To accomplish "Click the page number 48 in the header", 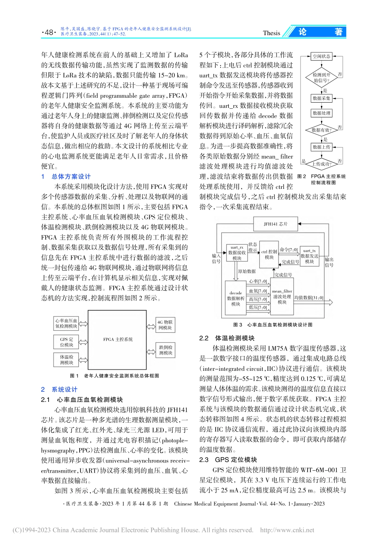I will [x=49, y=32].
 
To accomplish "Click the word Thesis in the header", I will [x=272, y=33].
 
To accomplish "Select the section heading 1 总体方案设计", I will [x=66, y=176].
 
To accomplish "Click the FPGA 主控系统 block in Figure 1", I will [x=118, y=339].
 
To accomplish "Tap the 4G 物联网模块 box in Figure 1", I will [x=165, y=325].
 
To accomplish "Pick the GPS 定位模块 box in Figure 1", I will [x=67, y=342].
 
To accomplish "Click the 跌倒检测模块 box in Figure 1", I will [x=165, y=350].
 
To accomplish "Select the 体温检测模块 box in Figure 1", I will [x=67, y=360].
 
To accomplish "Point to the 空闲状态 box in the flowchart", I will [x=321, y=56].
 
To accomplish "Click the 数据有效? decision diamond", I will [x=321, y=130].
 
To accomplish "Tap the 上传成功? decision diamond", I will [x=321, y=164].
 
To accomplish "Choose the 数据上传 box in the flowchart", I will [x=321, y=147].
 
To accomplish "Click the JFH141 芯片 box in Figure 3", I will [x=276, y=224].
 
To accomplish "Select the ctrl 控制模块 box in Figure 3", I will [x=269, y=255].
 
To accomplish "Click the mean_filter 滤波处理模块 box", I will [x=282, y=297].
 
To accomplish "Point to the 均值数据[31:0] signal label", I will [x=308, y=298].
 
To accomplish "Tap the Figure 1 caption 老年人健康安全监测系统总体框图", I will [x=115, y=375].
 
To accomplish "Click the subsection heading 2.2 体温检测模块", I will [x=227, y=338].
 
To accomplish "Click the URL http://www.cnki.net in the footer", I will [x=287, y=530].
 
